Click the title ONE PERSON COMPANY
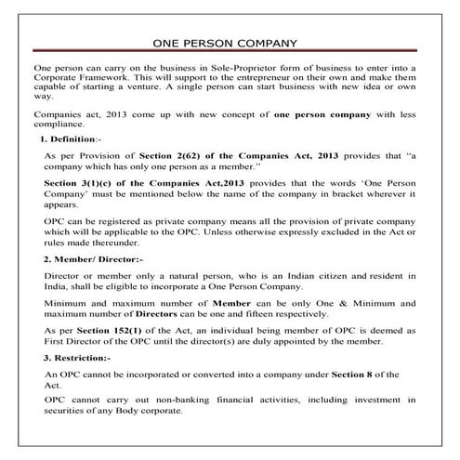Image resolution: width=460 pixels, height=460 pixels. (x=230, y=44)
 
